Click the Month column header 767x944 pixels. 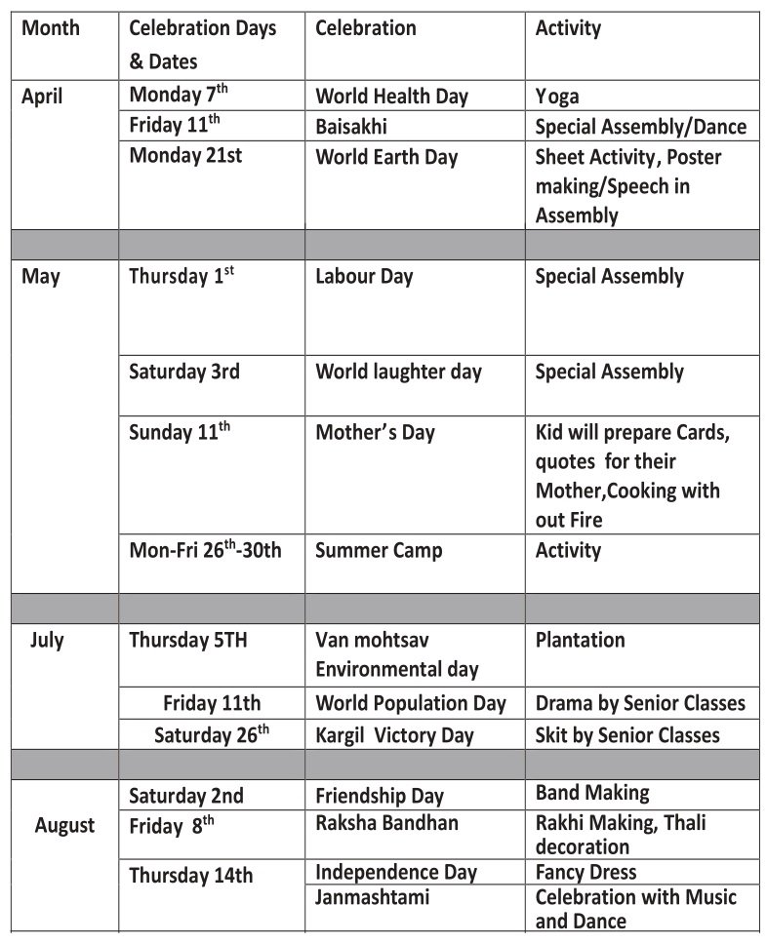[51, 28]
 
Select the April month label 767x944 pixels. [42, 97]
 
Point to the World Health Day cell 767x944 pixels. [391, 97]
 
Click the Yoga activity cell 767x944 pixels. [556, 97]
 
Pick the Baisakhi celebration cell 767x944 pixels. [352, 127]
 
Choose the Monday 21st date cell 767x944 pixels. [185, 156]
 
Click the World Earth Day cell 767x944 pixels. [386, 157]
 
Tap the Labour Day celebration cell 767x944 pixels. [364, 277]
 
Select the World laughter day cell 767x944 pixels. [398, 372]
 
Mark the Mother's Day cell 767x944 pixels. [375, 432]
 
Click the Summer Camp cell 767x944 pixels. [379, 550]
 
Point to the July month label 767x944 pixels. [47, 641]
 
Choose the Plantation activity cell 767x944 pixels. [580, 641]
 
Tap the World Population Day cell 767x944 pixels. [411, 702]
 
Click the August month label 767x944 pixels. [64, 826]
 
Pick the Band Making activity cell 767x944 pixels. [592, 793]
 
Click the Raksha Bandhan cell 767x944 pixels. [386, 822]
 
